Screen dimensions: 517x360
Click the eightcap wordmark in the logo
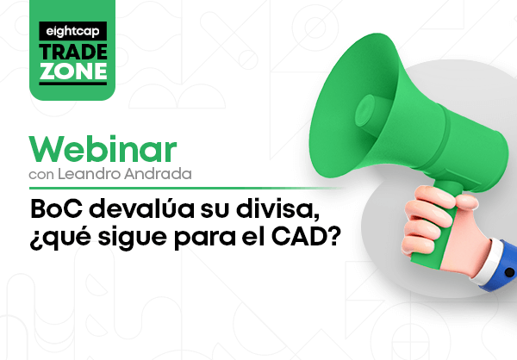point(72,32)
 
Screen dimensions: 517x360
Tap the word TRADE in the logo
point(73,52)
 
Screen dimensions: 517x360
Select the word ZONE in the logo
point(73,71)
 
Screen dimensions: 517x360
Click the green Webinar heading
point(103,149)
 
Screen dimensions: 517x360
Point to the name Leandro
point(90,174)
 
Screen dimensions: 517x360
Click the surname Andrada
point(158,174)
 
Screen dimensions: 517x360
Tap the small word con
point(41,175)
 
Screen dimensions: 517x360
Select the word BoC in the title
point(56,208)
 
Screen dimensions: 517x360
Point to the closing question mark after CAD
point(331,236)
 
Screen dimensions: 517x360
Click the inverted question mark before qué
point(34,240)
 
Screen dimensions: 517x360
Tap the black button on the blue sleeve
point(509,272)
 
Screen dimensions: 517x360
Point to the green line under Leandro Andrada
point(184,189)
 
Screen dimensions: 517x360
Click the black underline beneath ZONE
point(73,84)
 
